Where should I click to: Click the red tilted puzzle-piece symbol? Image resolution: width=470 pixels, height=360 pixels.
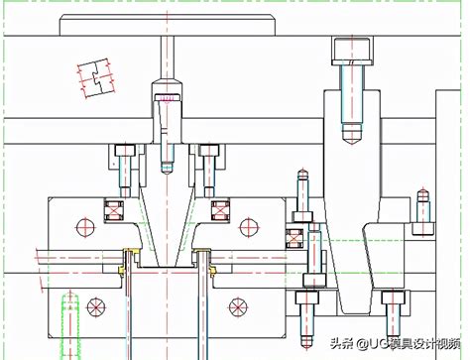pos(96,78)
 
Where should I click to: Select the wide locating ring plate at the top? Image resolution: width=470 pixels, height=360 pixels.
pos(168,25)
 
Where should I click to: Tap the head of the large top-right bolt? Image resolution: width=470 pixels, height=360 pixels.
pos(352,51)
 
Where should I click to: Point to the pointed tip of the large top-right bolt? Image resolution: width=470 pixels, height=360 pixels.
pos(352,144)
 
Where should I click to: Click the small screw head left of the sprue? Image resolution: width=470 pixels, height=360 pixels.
pos(125,151)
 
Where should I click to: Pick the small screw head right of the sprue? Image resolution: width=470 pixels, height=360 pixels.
pos(209,151)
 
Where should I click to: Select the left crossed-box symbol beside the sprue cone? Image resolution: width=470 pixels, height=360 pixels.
pos(114,210)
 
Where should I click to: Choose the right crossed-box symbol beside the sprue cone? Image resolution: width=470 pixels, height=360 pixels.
pos(220,210)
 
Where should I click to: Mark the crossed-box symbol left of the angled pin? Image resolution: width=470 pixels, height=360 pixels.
pos(294,239)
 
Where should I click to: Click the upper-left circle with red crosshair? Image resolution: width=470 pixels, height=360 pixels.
pos(85,227)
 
